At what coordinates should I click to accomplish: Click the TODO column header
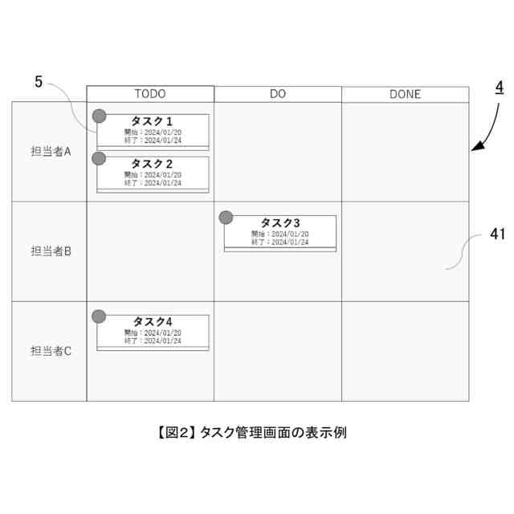click(x=150, y=94)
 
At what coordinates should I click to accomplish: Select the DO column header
click(x=278, y=94)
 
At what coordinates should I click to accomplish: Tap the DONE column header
click(x=405, y=94)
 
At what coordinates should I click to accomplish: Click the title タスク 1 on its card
click(x=153, y=121)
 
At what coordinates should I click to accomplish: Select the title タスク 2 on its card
click(x=153, y=164)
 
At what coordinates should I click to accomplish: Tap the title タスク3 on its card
click(x=280, y=222)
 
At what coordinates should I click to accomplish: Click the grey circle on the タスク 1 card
click(x=100, y=116)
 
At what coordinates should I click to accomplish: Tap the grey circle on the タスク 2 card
click(x=100, y=158)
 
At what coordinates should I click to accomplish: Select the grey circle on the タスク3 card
click(x=226, y=217)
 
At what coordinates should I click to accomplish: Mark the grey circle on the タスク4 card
click(x=100, y=316)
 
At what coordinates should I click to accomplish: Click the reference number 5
click(x=39, y=81)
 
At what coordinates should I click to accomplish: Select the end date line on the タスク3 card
click(x=279, y=242)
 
